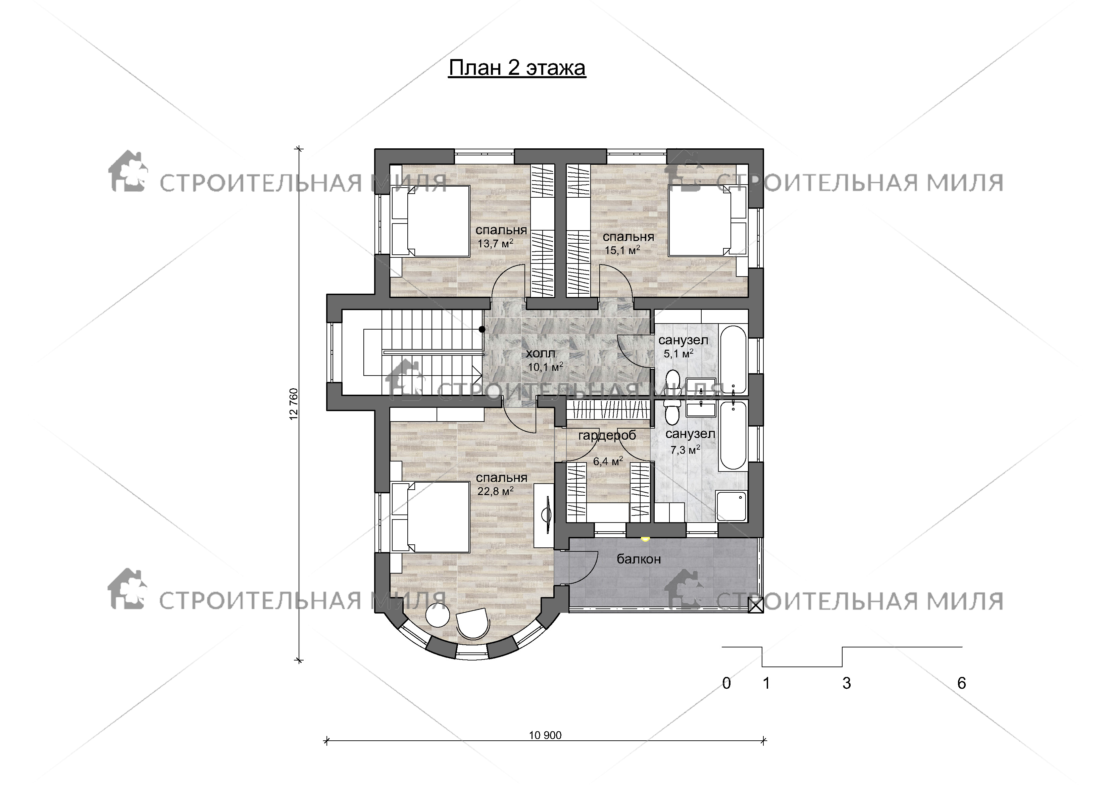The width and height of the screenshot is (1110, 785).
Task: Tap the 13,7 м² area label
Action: (495, 243)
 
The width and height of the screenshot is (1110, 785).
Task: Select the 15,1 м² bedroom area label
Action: (622, 250)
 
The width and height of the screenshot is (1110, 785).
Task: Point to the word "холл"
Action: (541, 353)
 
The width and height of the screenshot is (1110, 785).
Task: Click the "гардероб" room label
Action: (607, 436)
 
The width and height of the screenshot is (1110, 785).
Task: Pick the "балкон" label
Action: (639, 559)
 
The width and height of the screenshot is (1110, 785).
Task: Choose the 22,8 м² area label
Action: (495, 491)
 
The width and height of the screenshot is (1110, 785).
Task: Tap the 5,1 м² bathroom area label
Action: (678, 353)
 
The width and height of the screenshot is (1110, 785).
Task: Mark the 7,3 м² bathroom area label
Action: (685, 450)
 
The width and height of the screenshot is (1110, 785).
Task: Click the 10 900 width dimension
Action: (545, 736)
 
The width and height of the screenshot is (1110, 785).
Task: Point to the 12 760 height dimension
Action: (294, 404)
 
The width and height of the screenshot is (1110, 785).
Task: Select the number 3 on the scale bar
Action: (847, 683)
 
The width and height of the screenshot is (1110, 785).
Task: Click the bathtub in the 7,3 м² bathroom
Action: (733, 435)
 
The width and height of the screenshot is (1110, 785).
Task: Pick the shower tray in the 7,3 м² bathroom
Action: (731, 506)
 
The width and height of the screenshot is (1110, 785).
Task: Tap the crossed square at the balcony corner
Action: (756, 605)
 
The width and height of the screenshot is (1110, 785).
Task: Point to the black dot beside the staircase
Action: (482, 329)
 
